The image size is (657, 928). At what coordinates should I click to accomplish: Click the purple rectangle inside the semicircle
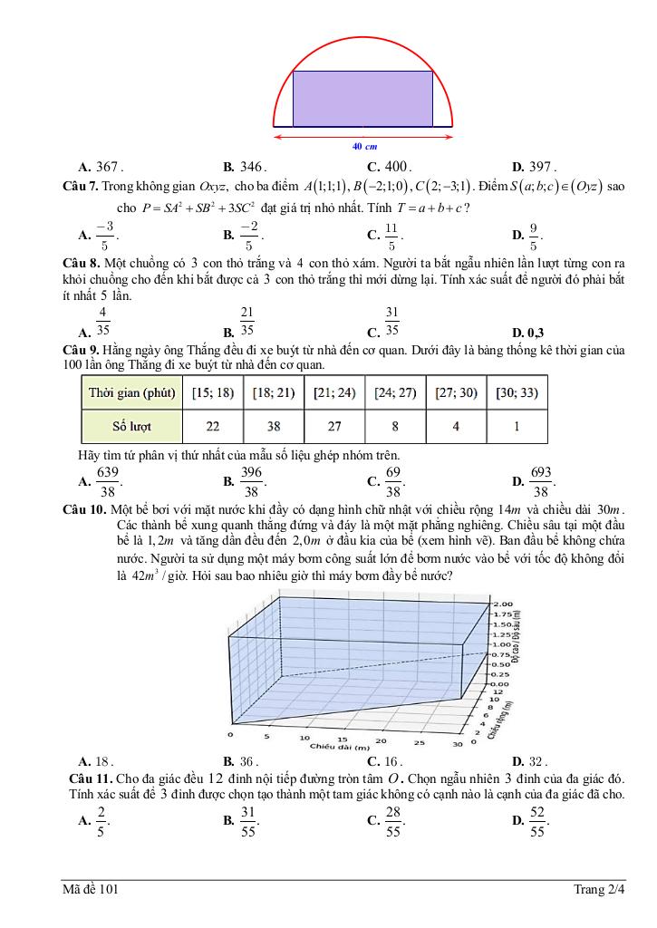[x=362, y=99]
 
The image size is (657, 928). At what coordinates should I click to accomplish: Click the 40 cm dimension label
[x=364, y=146]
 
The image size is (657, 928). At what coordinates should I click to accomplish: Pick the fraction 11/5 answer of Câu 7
[x=391, y=236]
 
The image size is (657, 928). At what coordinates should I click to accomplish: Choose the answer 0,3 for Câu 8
[x=536, y=332]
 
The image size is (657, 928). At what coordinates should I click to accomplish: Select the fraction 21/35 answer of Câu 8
[x=246, y=321]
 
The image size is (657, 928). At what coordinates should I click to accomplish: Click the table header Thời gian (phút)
[x=132, y=392]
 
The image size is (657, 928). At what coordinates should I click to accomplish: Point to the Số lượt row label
[x=132, y=424]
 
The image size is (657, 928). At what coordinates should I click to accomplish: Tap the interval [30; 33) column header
[x=517, y=392]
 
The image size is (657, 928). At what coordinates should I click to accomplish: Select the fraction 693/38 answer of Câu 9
[x=541, y=481]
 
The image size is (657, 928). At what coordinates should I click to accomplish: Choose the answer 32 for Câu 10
[x=535, y=761]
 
